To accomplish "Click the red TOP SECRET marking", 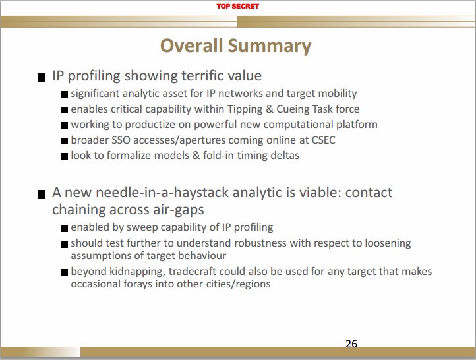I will coord(238,6).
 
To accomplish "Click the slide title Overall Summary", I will coord(236,45).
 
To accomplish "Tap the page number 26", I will coord(351,344).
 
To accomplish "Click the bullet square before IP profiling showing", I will coord(43,77).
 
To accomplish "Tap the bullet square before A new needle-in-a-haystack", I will coord(43,195).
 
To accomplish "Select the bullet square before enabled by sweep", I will coord(65,229).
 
